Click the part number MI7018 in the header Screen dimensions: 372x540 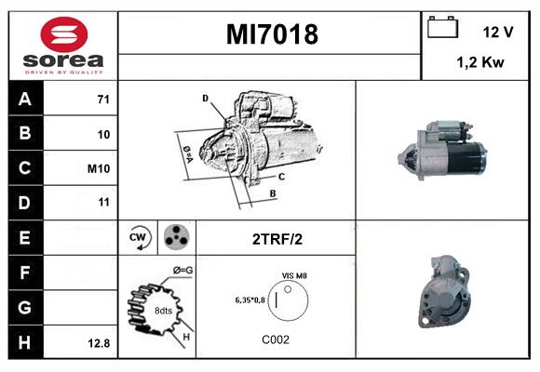(272, 35)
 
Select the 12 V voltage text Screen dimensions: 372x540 (498, 32)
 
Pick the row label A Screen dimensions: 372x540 (25, 100)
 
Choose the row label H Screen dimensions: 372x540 (25, 342)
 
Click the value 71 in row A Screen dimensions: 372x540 (102, 100)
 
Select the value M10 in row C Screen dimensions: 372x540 (99, 168)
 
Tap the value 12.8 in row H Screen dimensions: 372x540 (99, 343)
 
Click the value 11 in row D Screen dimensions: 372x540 (103, 202)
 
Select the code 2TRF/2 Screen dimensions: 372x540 (277, 239)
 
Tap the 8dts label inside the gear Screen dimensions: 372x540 (164, 310)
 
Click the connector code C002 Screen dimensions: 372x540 (276, 339)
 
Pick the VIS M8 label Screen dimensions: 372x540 (295, 275)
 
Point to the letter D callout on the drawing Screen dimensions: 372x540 (205, 98)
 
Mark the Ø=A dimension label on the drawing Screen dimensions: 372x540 (186, 149)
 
